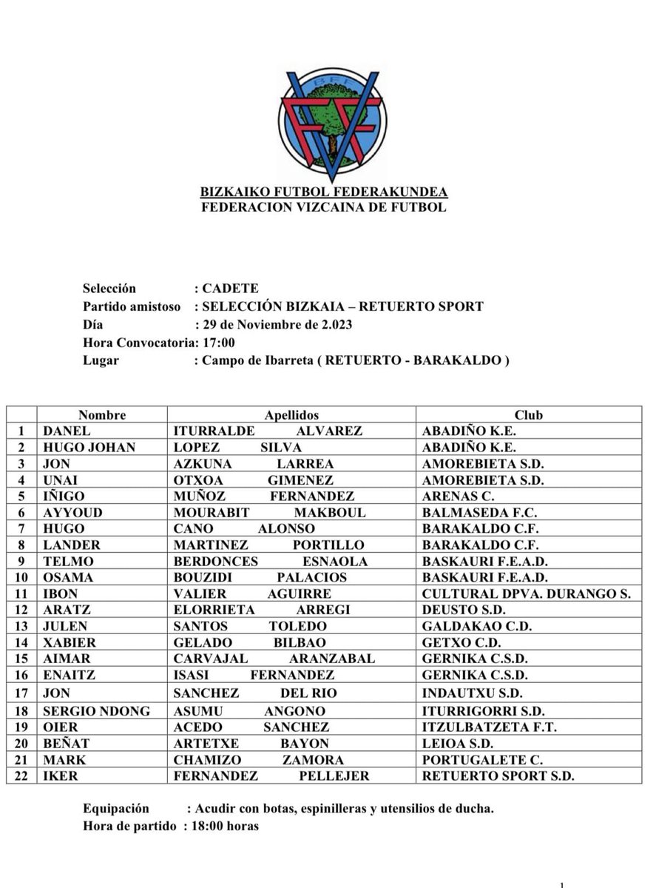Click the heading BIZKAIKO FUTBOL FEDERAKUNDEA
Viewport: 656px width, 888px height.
point(324,192)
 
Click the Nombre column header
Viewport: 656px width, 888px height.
point(102,415)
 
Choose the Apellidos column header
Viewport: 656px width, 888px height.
point(291,415)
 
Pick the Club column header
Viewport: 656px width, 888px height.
point(528,415)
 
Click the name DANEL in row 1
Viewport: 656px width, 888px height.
point(67,431)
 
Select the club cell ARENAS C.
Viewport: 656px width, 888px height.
point(458,497)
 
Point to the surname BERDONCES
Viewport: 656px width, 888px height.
point(215,562)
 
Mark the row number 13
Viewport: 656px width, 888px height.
point(21,626)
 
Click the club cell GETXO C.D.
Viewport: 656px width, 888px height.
point(461,642)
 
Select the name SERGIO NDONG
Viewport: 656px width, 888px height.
point(97,711)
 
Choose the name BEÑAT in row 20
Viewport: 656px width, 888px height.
point(65,744)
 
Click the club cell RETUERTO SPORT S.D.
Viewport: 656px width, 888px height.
point(498,776)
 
